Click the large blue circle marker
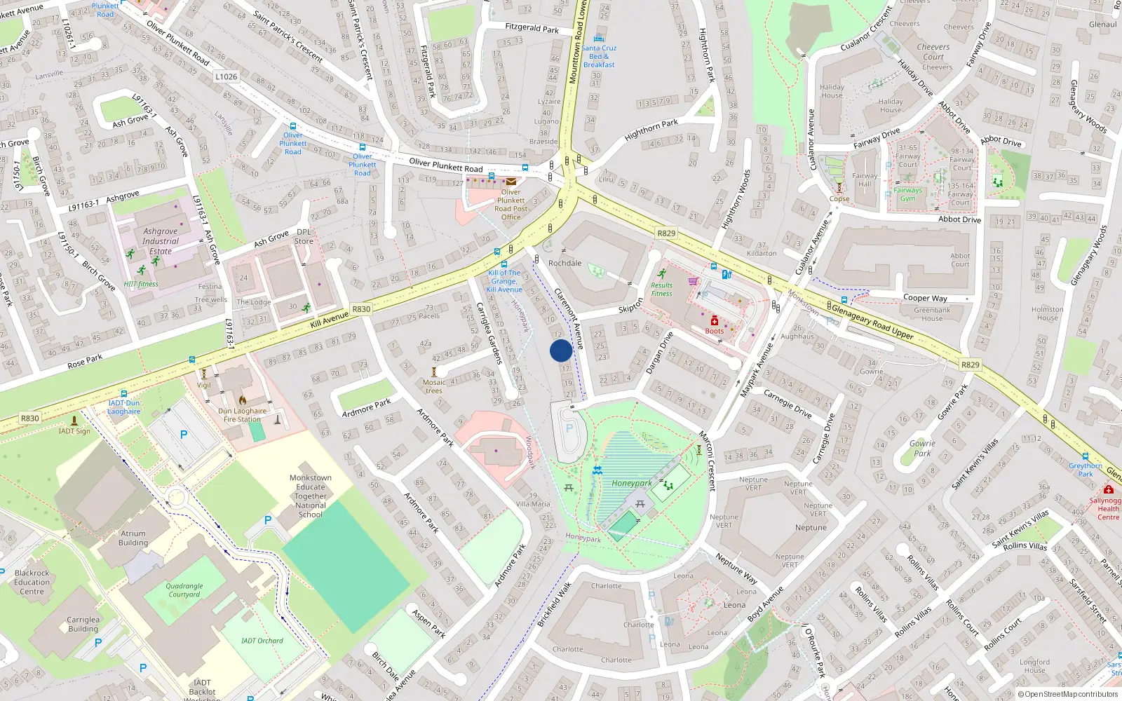tap(561, 350)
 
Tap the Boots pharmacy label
tap(714, 331)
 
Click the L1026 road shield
tap(226, 76)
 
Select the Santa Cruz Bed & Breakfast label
tap(599, 56)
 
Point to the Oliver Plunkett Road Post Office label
tap(511, 205)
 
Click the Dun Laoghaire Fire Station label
tap(242, 415)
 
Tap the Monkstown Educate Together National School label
tap(311, 496)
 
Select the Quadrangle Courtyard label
tap(184, 590)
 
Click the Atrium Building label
tap(133, 538)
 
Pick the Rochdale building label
tap(565, 264)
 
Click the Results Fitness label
tap(661, 290)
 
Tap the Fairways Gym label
tap(907, 194)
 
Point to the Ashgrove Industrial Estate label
tap(161, 241)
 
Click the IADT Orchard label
tap(262, 641)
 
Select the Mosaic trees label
tap(434, 386)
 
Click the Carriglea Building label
tap(83, 624)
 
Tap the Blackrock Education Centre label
tap(32, 582)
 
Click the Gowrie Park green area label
tap(922, 448)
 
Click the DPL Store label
tap(304, 236)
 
